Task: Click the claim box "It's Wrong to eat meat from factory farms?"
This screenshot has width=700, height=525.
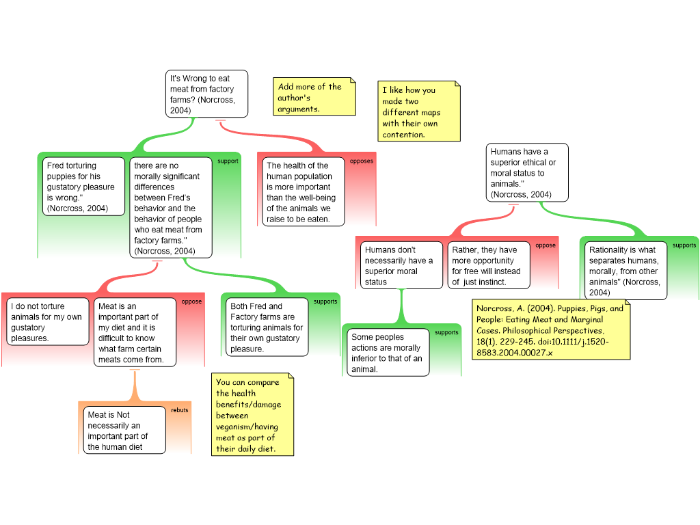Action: coord(207,94)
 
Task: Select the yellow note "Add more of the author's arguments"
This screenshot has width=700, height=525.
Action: coord(315,97)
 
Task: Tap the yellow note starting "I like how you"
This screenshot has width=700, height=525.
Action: coord(418,111)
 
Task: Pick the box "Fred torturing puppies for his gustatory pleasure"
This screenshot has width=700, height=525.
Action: coord(84,187)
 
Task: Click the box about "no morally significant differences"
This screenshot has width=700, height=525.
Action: coord(170,208)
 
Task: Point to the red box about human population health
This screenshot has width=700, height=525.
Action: coord(304,192)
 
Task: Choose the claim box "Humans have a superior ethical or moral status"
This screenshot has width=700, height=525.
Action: coord(527,172)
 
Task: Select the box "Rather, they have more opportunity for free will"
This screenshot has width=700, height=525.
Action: coord(488,265)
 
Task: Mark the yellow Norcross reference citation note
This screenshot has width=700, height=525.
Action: coord(550,330)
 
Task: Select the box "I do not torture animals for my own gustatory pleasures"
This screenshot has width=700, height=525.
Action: coord(48,322)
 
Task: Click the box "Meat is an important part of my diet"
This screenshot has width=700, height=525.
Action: coord(135,332)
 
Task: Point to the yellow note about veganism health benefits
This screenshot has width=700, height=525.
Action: coord(252,415)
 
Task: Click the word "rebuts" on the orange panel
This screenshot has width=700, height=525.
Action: coord(179,410)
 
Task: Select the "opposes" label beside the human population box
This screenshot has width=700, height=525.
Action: coord(362,161)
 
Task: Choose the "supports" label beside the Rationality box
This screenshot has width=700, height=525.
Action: coord(684,245)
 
